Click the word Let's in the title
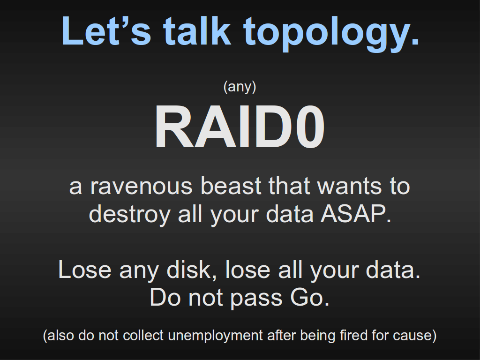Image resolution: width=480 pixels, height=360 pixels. click(x=106, y=31)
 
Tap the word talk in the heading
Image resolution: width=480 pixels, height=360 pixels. click(x=197, y=31)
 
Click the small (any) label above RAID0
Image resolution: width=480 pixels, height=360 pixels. click(x=240, y=87)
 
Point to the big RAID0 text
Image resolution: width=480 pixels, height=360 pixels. click(x=240, y=127)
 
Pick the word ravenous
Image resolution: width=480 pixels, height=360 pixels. click(x=141, y=186)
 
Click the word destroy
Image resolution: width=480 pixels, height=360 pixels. click(x=130, y=214)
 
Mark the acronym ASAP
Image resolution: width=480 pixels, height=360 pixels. click(x=356, y=213)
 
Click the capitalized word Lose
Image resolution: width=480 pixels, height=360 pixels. click(x=84, y=270)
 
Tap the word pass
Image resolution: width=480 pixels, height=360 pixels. click(x=256, y=299)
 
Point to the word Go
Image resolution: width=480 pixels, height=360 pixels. click(x=309, y=297)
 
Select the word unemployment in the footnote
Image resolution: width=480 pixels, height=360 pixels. click(x=215, y=336)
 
